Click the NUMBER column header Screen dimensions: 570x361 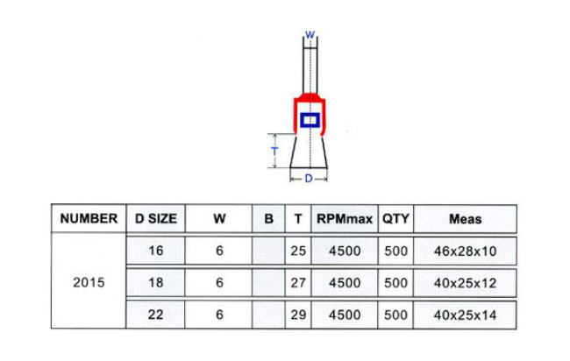pyautogui.click(x=89, y=219)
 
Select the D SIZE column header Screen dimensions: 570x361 pyautogui.click(x=155, y=219)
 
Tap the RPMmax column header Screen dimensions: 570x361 pyautogui.click(x=345, y=219)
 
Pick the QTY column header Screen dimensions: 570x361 pyautogui.click(x=395, y=219)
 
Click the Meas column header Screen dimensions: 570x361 pyautogui.click(x=466, y=219)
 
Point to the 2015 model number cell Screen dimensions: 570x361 pyautogui.click(x=89, y=282)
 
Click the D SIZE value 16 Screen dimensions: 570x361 pyautogui.click(x=155, y=251)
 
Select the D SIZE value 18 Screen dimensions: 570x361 pyautogui.click(x=155, y=282)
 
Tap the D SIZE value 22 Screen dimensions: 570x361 pyautogui.click(x=155, y=315)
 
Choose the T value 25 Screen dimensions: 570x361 pyautogui.click(x=298, y=251)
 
